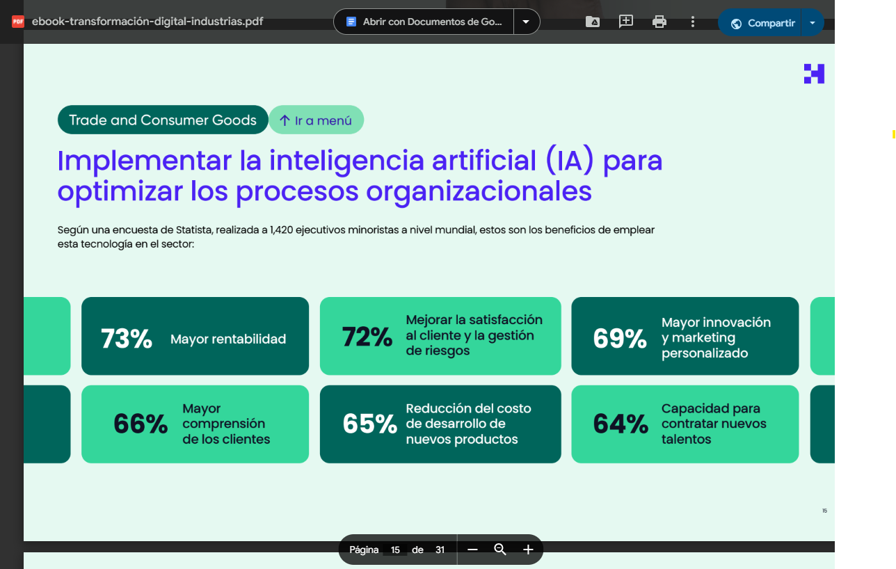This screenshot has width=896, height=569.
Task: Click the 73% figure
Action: pos(127,339)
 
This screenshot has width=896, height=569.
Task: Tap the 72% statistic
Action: pos(367,337)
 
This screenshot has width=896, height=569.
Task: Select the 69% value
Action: pos(620,338)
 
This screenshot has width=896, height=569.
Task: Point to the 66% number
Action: pos(141,424)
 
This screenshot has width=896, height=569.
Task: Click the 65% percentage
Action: pos(369,424)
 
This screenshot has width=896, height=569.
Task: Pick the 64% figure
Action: pos(621,424)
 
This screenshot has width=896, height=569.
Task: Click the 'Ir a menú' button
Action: pos(317,120)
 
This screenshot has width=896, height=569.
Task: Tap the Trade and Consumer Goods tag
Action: pos(163,120)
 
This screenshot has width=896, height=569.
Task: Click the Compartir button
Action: pos(762,23)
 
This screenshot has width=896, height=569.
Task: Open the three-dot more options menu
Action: pos(692,22)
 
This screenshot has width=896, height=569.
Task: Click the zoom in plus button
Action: pos(528,550)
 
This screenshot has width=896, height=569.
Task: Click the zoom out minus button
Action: pos(473,550)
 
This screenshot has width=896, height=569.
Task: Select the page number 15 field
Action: pos(395,550)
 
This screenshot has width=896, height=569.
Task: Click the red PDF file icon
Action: pos(18,22)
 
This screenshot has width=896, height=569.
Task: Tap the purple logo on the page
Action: pos(814,74)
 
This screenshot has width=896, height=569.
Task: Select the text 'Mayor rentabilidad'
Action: pos(228,339)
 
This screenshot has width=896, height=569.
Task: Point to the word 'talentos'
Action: pos(686,439)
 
